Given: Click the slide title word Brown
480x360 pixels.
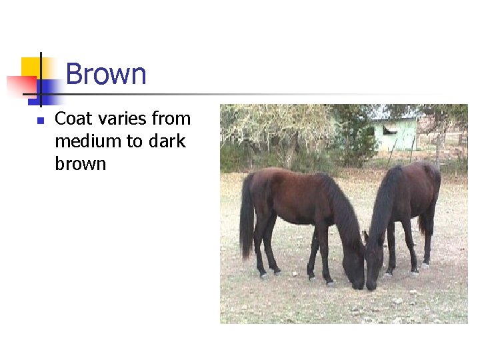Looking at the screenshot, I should point(106,73).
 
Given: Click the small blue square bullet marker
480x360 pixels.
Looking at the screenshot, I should point(40,121).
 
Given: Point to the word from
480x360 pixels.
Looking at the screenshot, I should point(172,119).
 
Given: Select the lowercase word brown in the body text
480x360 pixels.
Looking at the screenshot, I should point(80,164).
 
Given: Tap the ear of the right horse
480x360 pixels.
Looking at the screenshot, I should point(365,236).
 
